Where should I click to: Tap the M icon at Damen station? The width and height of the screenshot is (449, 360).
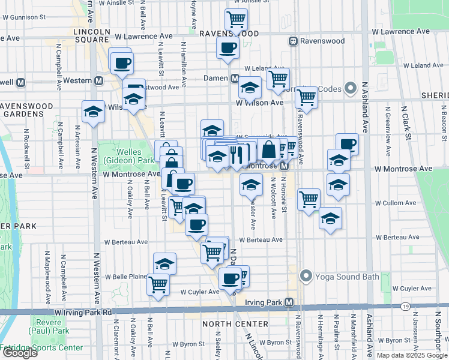coord(235,78)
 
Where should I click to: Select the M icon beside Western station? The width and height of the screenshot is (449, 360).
coord(98,80)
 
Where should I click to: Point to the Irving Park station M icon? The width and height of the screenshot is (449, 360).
coord(289,302)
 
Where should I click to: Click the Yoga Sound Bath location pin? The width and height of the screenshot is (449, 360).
coord(306,277)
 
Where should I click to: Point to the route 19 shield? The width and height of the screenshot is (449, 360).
coord(406,307)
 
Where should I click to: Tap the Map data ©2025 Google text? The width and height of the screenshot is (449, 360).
coord(412,355)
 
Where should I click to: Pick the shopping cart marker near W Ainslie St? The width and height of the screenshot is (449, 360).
coord(237,19)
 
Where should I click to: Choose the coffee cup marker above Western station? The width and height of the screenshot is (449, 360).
coord(122,62)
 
